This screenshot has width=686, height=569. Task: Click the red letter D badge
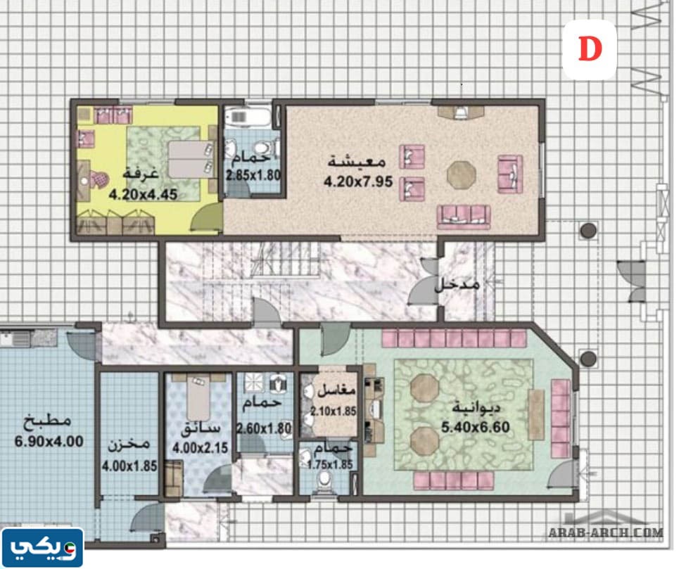coord(590,49)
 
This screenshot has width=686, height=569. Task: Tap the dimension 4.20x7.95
coord(358,181)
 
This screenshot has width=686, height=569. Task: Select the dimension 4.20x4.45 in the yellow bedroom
coord(143,194)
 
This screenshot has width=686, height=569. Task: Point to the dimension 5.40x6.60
coord(476,427)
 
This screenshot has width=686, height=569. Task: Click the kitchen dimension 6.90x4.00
coord(49,441)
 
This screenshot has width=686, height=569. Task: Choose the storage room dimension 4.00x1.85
coord(129,466)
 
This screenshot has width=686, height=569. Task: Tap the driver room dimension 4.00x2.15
coord(201,448)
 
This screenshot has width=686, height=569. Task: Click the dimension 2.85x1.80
coord(253,175)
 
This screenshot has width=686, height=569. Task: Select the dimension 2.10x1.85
coord(334,411)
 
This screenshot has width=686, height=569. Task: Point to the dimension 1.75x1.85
coord(330,464)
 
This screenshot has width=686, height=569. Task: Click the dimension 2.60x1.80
coord(265,428)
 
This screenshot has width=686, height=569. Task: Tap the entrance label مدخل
coord(457,284)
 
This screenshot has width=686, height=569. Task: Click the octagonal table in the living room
coord(462,175)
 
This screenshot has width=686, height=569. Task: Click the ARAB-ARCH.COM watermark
coord(606,532)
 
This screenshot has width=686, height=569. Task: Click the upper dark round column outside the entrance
coord(588,231)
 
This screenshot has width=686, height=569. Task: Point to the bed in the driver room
coord(198,399)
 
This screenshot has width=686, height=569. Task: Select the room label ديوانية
coord(476,408)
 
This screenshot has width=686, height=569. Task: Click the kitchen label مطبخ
coord(47,421)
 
